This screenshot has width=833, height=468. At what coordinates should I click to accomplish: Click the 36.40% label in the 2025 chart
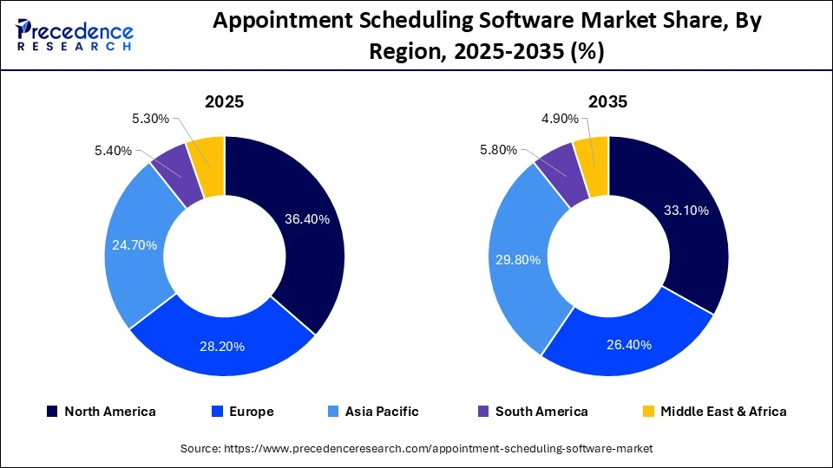307,219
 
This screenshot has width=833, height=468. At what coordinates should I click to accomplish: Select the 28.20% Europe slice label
222,347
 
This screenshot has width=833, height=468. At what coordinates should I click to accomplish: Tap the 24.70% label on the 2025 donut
134,245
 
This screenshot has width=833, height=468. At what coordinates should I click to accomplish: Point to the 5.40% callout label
114,151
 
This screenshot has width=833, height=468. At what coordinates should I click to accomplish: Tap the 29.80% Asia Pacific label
518,260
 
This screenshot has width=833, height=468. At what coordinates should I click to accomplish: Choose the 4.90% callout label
559,118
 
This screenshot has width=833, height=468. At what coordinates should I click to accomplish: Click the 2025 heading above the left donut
224,101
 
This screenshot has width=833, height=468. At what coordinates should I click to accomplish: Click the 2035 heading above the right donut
608,101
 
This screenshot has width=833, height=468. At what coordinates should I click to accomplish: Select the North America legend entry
101,412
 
